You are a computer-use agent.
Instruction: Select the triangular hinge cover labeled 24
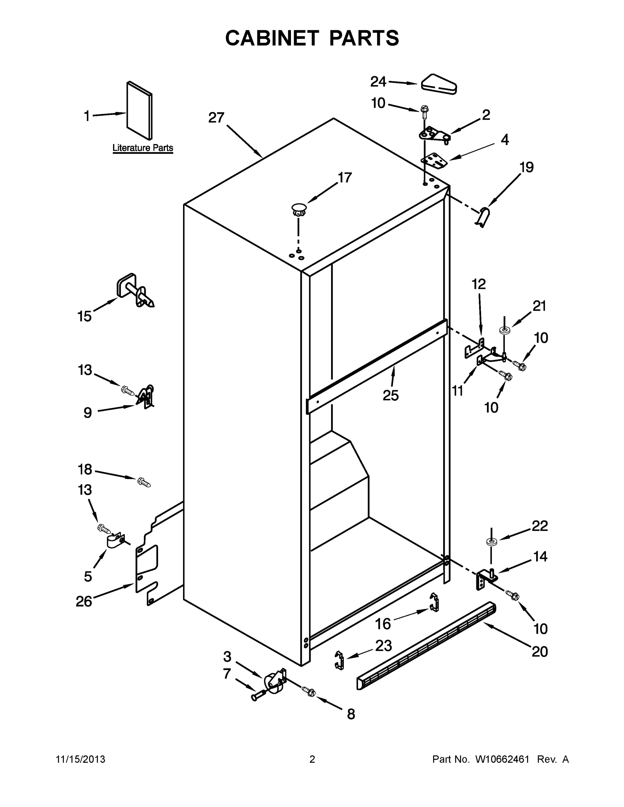[x=439, y=85]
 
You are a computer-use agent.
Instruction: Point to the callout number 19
[x=526, y=167]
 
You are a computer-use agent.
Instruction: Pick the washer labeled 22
[x=491, y=542]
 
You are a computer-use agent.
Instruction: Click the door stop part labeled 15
[x=135, y=291]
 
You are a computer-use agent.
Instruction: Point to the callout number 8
[x=351, y=714]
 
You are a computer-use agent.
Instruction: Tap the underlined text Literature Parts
[x=143, y=148]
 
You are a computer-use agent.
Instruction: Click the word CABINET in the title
[x=272, y=38]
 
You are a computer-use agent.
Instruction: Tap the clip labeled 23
[x=339, y=660]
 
